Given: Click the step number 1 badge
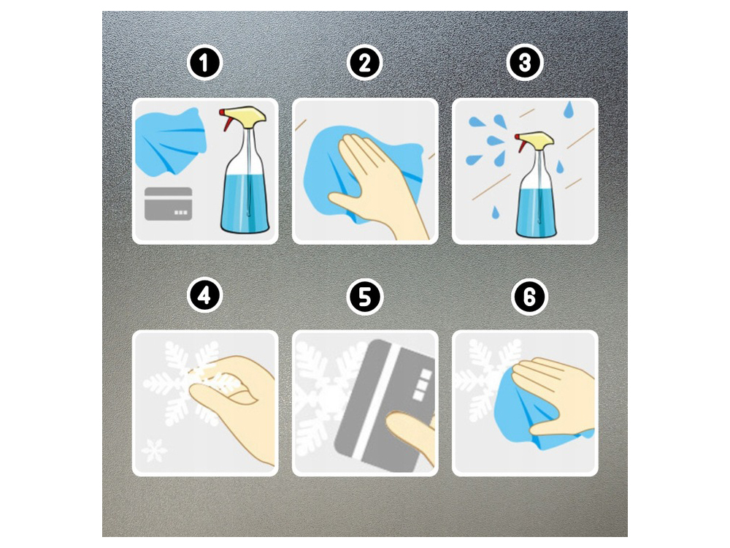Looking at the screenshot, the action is pos(205,63).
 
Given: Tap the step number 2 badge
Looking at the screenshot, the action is pos(364,63).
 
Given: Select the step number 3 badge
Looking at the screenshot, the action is pos(525,63).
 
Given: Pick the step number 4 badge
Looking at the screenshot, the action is pos(205,296).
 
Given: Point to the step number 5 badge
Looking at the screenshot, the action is pos(364,297).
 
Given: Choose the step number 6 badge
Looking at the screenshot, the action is pos(529,297).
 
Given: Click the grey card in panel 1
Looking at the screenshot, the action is pos(169,204).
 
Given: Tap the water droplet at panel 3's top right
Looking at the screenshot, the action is pos(568,110).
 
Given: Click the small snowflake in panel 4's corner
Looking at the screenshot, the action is pos(154,449).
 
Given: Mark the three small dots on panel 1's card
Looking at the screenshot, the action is pos(180,213).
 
